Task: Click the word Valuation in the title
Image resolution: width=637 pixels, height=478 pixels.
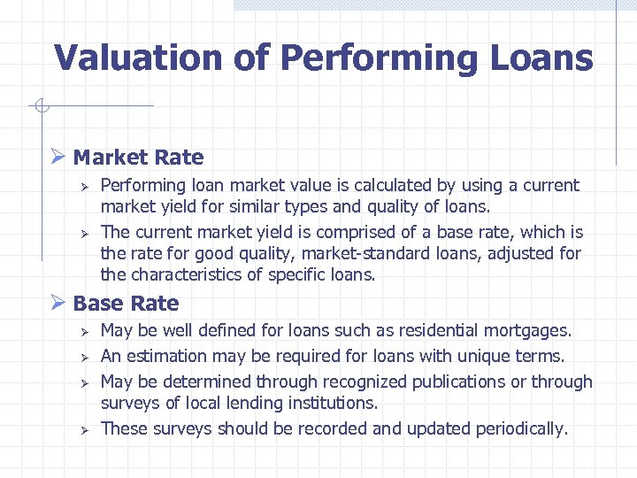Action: pos(137,58)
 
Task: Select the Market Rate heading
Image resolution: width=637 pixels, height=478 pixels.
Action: pos(138,158)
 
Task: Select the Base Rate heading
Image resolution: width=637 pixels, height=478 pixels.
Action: pos(126,304)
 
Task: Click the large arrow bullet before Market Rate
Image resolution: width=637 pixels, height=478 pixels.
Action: pos(58,158)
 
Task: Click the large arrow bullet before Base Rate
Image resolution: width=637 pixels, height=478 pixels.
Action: pos(58,304)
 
